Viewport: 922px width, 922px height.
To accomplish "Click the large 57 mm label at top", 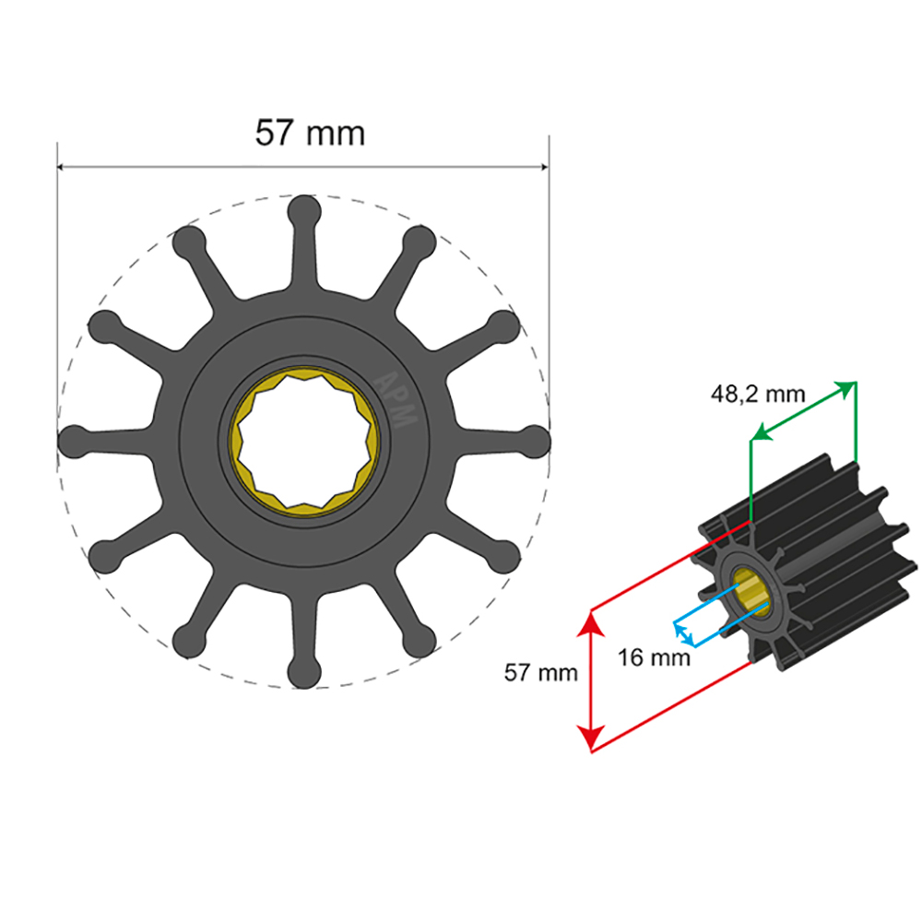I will pyautogui.click(x=310, y=134).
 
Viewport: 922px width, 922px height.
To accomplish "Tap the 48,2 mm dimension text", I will pyautogui.click(x=757, y=395).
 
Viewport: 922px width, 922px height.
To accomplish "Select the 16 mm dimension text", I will pyautogui.click(x=655, y=658).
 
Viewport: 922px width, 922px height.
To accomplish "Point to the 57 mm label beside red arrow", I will pyautogui.click(x=540, y=672).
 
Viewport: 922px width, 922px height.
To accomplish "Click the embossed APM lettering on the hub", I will pyautogui.click(x=398, y=398).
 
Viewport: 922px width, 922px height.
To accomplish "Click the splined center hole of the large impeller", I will pyautogui.click(x=304, y=441).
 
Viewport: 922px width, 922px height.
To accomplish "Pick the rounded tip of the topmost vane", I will pyautogui.click(x=304, y=210).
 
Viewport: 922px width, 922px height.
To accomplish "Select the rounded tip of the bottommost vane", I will pyautogui.click(x=304, y=673).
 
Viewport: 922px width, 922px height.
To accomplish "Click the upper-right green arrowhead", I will pyautogui.click(x=846, y=387).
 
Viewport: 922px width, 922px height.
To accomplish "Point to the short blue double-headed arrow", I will pyautogui.click(x=683, y=633).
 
